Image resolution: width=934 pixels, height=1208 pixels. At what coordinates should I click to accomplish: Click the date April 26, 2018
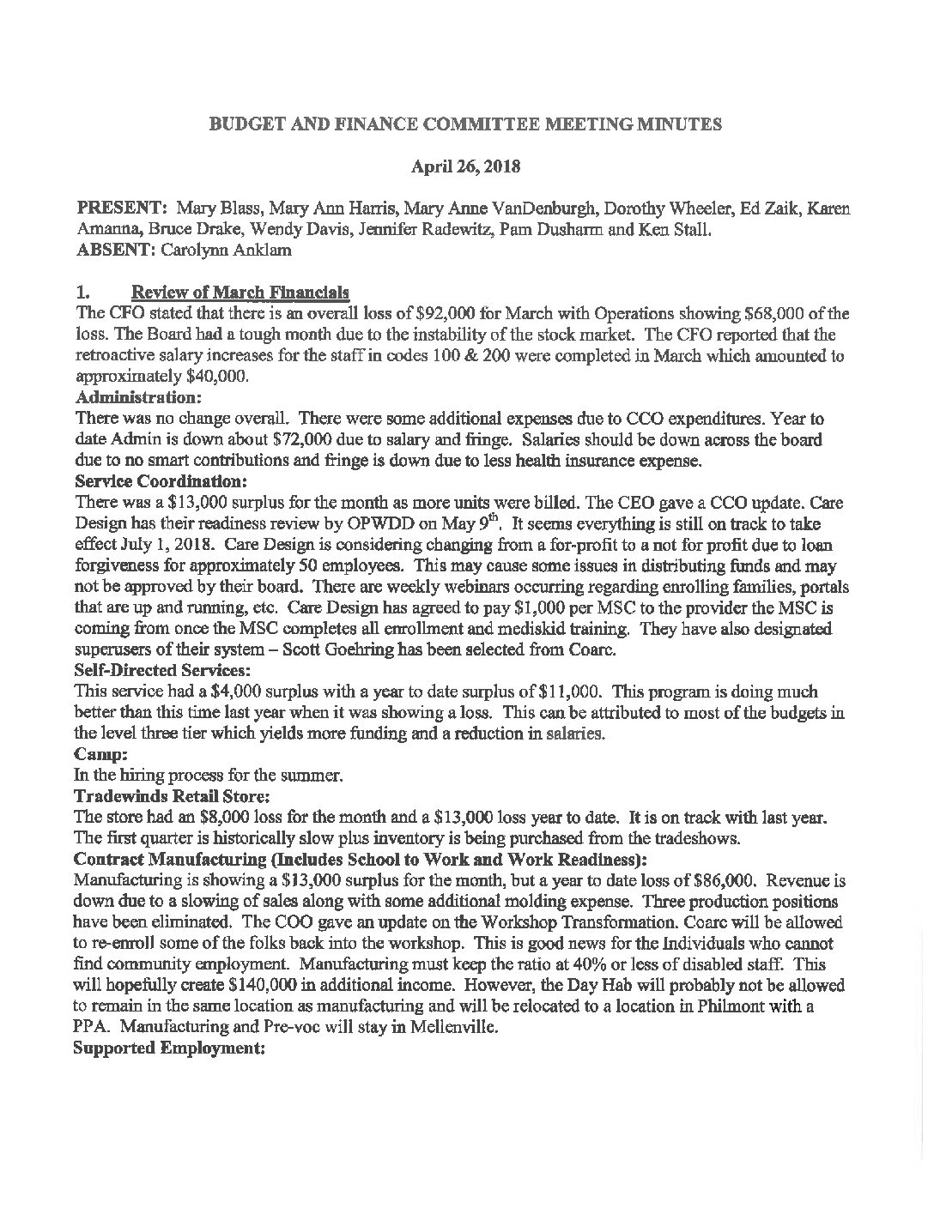tap(465, 167)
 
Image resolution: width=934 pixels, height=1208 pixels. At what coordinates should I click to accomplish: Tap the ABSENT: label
tap(114, 250)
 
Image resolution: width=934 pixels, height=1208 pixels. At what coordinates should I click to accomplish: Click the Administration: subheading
tap(139, 398)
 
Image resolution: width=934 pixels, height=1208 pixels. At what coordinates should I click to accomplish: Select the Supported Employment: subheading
tap(168, 1048)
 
